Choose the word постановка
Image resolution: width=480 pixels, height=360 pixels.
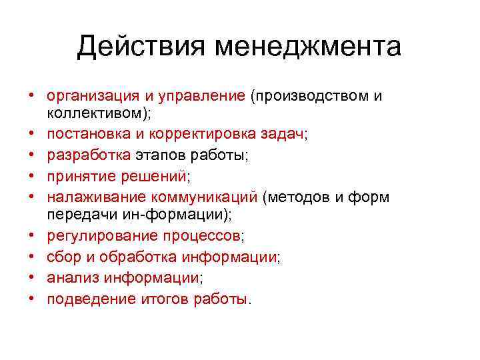(x=86, y=134)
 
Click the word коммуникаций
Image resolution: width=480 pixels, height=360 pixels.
(x=205, y=198)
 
